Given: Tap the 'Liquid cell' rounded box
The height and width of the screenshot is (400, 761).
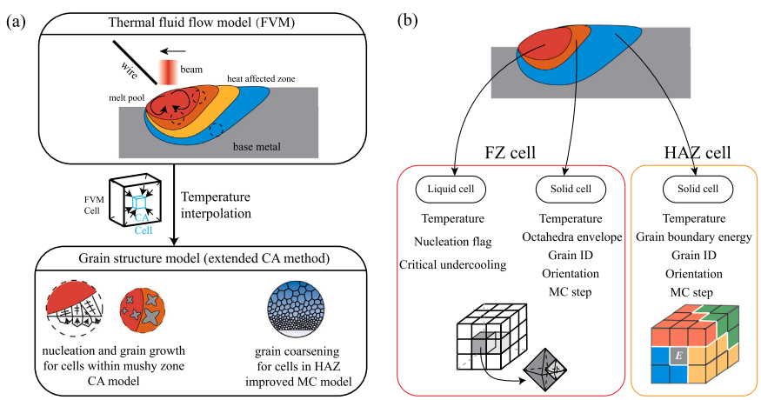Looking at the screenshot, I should pos(450,189).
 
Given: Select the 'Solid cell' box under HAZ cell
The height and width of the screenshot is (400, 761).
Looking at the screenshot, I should pos(693,189).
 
